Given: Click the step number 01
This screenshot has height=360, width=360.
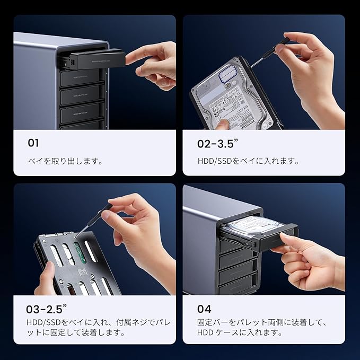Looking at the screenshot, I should [x=33, y=143].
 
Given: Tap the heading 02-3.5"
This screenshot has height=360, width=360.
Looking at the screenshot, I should [x=219, y=143].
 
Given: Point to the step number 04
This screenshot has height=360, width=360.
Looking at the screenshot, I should [x=204, y=309].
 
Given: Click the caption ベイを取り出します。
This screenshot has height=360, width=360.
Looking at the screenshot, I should [x=65, y=161].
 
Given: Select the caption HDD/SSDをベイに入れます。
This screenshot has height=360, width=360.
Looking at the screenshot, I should [x=248, y=161].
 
